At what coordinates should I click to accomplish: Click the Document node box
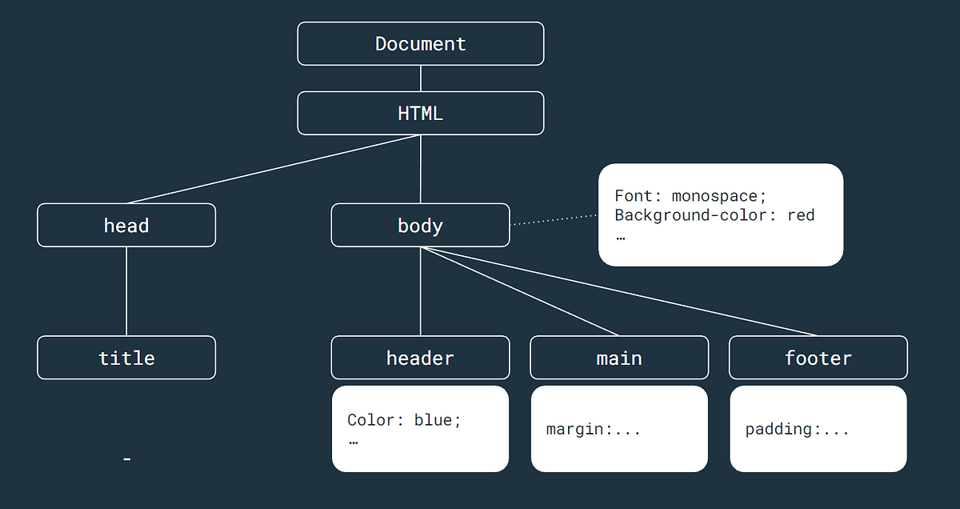[x=420, y=43]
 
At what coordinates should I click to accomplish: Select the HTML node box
[x=420, y=113]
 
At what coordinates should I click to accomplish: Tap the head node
[x=126, y=225]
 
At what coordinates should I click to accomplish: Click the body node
[x=420, y=225]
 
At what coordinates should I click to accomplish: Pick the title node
[x=126, y=357]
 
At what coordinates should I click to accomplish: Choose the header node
[x=420, y=357]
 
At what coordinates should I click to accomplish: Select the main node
[x=619, y=357]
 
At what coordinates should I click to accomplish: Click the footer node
[x=818, y=357]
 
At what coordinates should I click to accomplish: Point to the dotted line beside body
[x=554, y=220]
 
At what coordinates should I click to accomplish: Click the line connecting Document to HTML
[x=421, y=78]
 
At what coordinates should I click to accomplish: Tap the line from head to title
[x=126, y=291]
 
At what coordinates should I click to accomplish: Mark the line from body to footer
[x=619, y=291]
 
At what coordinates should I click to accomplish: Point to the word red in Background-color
[x=801, y=214]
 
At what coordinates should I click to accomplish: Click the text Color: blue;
[x=404, y=420]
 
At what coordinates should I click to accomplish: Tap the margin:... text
[x=593, y=430]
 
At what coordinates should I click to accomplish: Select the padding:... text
[x=797, y=430]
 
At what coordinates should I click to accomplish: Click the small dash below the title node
[x=127, y=459]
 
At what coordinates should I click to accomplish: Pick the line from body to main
[x=520, y=291]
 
